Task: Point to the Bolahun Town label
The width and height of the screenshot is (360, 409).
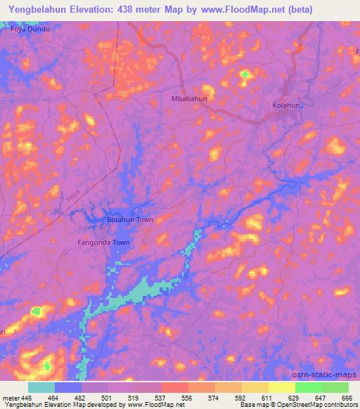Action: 129,220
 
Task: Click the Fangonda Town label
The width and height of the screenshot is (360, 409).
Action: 104,242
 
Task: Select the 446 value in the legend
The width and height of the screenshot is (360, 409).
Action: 27,398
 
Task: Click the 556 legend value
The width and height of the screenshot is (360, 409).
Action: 187,398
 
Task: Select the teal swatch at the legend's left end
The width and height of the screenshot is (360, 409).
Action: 41,387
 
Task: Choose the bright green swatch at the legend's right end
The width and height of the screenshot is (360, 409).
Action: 335,387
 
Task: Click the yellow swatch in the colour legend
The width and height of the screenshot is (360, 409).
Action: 281,387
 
